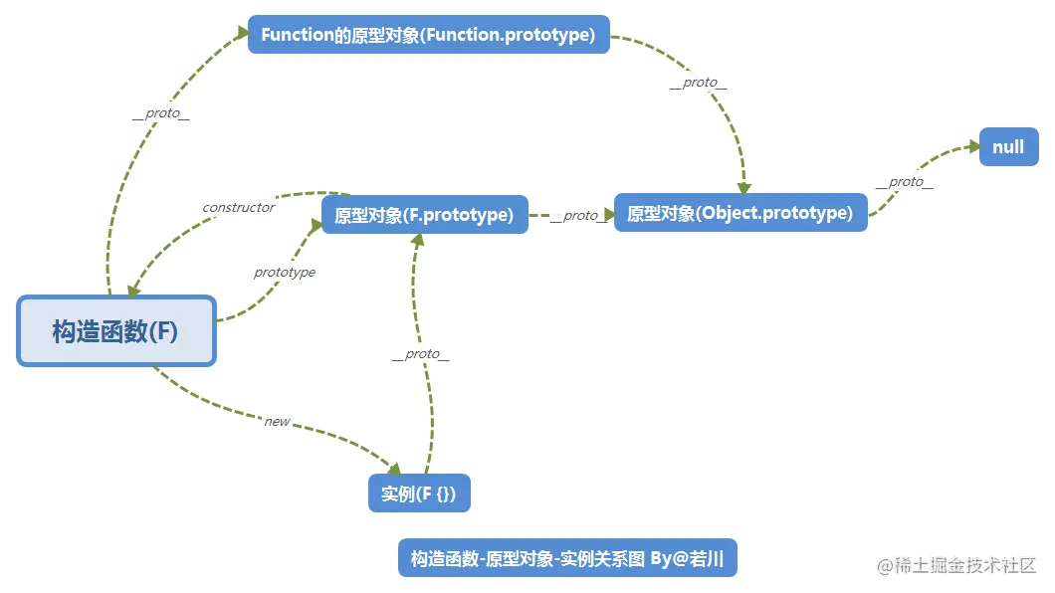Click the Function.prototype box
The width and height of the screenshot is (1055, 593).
click(429, 34)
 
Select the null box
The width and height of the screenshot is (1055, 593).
click(1008, 146)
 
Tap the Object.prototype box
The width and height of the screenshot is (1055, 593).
click(740, 213)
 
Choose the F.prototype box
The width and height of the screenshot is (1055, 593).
click(425, 215)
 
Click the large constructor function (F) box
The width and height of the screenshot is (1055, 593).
click(116, 330)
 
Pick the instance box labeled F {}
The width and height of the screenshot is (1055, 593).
click(419, 493)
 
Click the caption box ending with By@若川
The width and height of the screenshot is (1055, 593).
click(567, 558)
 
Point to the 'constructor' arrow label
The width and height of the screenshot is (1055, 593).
click(239, 207)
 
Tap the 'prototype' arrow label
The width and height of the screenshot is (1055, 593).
click(285, 272)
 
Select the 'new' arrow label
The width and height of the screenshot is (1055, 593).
click(278, 422)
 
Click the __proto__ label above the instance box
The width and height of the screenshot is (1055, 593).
click(421, 354)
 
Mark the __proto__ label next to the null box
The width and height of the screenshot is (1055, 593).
click(905, 182)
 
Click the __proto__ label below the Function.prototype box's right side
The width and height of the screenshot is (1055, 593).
click(699, 83)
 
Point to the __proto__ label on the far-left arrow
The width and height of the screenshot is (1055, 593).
click(161, 113)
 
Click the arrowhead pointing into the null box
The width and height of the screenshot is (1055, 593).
click(973, 146)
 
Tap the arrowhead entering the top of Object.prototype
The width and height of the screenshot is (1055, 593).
click(743, 187)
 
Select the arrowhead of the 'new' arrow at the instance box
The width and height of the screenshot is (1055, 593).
click(394, 468)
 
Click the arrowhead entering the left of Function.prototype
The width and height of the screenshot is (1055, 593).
click(243, 32)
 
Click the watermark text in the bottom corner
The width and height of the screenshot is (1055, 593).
click(956, 565)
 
